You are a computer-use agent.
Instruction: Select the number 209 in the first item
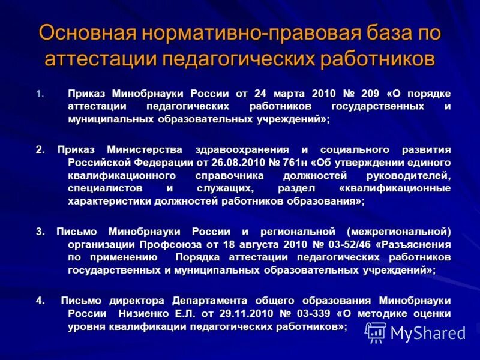[x=371, y=94]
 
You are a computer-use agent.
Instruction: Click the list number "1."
[x=40, y=94]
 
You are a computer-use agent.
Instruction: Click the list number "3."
[x=40, y=232]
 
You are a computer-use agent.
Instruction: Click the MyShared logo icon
[x=376, y=331]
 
